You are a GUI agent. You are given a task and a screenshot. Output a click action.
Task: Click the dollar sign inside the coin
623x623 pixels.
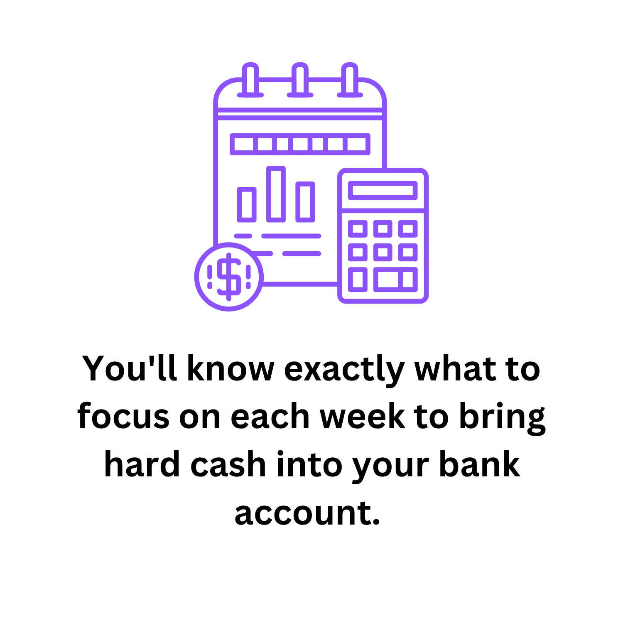229,277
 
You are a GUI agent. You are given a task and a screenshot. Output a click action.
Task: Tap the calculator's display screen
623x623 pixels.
383,191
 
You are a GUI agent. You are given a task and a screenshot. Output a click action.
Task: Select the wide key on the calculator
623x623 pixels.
395,280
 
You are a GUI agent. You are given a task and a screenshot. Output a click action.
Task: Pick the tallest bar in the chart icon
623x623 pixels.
276,194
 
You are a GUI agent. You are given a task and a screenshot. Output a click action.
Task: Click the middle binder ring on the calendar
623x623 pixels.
300,80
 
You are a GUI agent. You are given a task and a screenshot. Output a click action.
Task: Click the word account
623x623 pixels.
307,513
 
